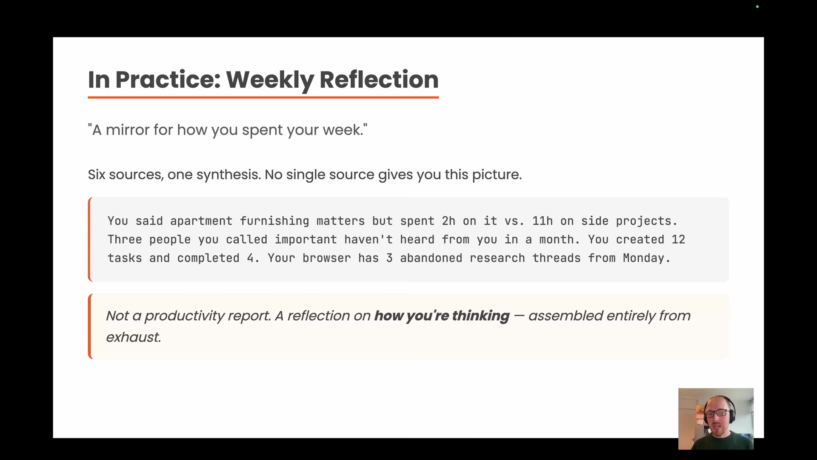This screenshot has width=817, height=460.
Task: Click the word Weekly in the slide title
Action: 270,80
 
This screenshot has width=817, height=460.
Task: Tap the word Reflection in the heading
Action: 379,80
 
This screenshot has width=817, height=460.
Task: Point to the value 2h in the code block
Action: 448,221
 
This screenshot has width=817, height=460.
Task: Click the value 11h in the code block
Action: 543,221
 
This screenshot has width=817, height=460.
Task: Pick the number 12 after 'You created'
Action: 678,240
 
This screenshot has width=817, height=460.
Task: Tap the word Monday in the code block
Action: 643,258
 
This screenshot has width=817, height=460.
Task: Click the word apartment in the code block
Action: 201,221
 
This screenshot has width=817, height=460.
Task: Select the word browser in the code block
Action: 326,258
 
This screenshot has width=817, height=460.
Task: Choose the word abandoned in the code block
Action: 431,258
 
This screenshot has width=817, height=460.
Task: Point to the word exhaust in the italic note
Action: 133,337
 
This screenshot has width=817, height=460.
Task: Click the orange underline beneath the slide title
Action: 263,98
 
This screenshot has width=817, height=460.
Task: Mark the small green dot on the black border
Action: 757,7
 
